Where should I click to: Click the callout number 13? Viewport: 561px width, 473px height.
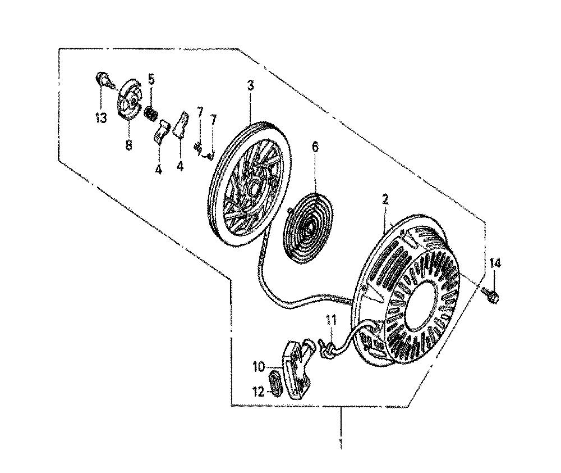tap(100, 117)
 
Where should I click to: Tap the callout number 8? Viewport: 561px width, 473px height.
tap(128, 145)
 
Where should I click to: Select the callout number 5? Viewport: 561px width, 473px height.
tap(151, 79)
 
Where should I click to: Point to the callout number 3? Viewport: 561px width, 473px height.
tap(250, 86)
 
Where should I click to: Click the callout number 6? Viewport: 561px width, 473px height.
tap(315, 147)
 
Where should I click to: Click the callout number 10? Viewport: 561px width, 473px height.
tap(259, 367)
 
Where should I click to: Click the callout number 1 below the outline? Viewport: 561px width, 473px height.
tap(341, 443)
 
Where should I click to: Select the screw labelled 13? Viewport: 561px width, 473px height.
tap(104, 81)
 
